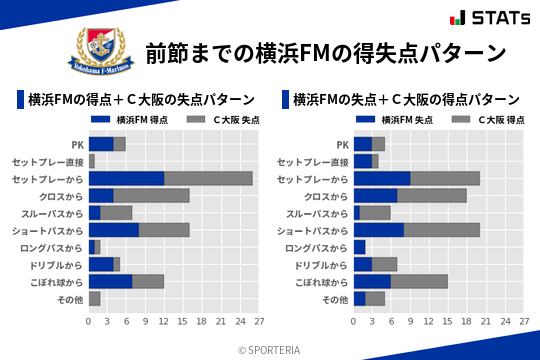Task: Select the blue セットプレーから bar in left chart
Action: tap(126, 178)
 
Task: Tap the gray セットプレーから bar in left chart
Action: tap(208, 178)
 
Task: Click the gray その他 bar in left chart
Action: tap(94, 298)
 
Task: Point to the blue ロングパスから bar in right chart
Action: tap(360, 247)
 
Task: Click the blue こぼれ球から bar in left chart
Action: tap(110, 281)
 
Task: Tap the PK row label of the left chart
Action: tap(77, 144)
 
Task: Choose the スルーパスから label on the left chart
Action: tap(52, 213)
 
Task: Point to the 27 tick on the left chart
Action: tap(258, 322)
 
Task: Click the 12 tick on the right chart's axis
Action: tap(429, 322)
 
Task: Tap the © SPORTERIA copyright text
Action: tap(270, 350)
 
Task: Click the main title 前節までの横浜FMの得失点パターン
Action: tap(326, 52)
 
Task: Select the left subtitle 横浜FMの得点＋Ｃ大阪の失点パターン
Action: tap(141, 99)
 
